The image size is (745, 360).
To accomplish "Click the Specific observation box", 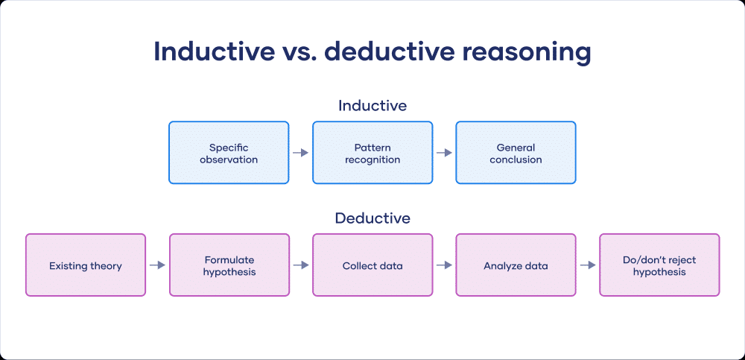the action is point(229,153).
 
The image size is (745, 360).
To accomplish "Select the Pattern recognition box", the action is point(372,153).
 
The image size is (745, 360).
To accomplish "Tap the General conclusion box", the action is point(516,153).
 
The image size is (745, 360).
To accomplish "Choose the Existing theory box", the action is point(86,265).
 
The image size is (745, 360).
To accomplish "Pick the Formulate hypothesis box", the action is point(229,265).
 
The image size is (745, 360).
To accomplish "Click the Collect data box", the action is point(372,265).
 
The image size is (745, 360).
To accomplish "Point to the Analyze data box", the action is point(516,265).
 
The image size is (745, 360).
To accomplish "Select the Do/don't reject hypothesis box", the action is point(659,265).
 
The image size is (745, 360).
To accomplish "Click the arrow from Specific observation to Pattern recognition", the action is point(300,153).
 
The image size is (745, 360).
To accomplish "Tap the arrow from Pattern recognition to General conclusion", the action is point(444,153).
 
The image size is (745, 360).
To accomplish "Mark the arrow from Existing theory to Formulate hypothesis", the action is point(157,265).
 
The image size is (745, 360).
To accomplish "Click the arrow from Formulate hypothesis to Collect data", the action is point(301,265).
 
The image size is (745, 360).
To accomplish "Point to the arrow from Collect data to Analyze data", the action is point(444,265).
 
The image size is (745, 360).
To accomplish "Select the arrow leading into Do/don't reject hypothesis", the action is point(588,265).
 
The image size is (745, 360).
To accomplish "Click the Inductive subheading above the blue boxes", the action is point(372,106).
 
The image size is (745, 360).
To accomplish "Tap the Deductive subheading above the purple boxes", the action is point(372,218).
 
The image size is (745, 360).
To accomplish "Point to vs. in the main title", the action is point(293,53).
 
